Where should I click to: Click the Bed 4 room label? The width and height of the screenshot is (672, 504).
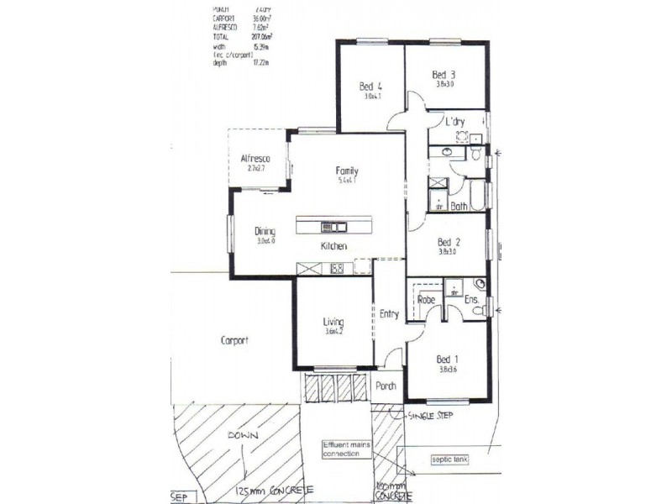[370, 86]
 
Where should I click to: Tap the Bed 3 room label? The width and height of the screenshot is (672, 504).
[445, 74]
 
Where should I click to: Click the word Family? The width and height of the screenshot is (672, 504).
[348, 169]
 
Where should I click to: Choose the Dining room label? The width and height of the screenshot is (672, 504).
[265, 231]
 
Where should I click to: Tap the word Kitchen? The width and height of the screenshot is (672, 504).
[333, 246]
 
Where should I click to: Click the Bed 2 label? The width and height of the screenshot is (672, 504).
[449, 240]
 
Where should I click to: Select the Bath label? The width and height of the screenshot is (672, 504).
[459, 206]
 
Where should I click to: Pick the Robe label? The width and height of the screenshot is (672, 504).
[425, 299]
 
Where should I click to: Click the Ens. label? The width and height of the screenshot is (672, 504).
[472, 299]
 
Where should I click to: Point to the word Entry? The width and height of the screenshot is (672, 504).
[389, 314]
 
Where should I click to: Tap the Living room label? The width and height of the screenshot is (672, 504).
[334, 321]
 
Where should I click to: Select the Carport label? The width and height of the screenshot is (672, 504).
[234, 340]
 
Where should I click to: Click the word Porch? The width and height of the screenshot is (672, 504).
[386, 386]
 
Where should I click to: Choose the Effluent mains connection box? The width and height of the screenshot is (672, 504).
[344, 449]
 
